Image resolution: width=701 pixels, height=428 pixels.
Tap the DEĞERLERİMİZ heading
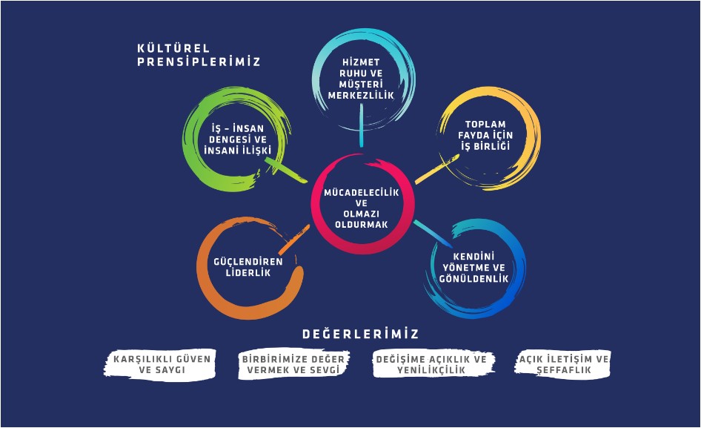pyautogui.click(x=361, y=334)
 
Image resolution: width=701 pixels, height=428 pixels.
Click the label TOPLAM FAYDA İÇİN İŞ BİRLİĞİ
pyautogui.click(x=488, y=135)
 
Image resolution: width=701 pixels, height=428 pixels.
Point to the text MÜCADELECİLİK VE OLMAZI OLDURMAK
pyautogui.click(x=362, y=208)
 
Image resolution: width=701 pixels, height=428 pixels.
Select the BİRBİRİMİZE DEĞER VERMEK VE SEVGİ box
pyautogui.click(x=293, y=363)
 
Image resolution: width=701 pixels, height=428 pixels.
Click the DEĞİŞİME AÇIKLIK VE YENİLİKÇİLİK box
pyautogui.click(x=433, y=363)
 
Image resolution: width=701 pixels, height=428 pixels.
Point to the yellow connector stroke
pyautogui.click(x=435, y=168)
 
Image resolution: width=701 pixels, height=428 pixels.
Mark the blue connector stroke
pyautogui.click(x=433, y=231)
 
